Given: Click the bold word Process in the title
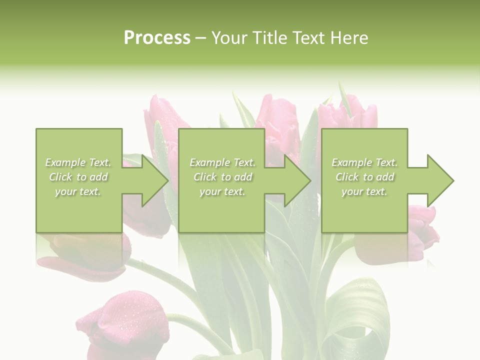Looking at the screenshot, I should pyautogui.click(x=157, y=38).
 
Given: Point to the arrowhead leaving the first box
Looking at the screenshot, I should pyautogui.click(x=153, y=180).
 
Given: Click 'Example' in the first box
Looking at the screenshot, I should pyautogui.click(x=65, y=162).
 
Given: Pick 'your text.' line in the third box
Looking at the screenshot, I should pyautogui.click(x=364, y=191).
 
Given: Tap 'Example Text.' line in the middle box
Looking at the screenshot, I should pyautogui.click(x=222, y=162).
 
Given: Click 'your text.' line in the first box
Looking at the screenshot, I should pyautogui.click(x=78, y=191).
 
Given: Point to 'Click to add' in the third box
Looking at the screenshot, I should pyautogui.click(x=365, y=177).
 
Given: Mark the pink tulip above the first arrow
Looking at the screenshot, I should pyautogui.click(x=162, y=112).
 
